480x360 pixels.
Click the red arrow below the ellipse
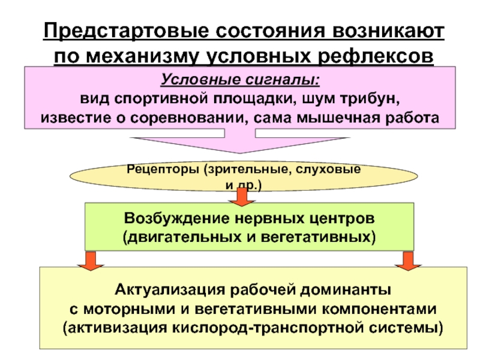(242, 196)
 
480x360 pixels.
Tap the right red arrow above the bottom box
(410, 259)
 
